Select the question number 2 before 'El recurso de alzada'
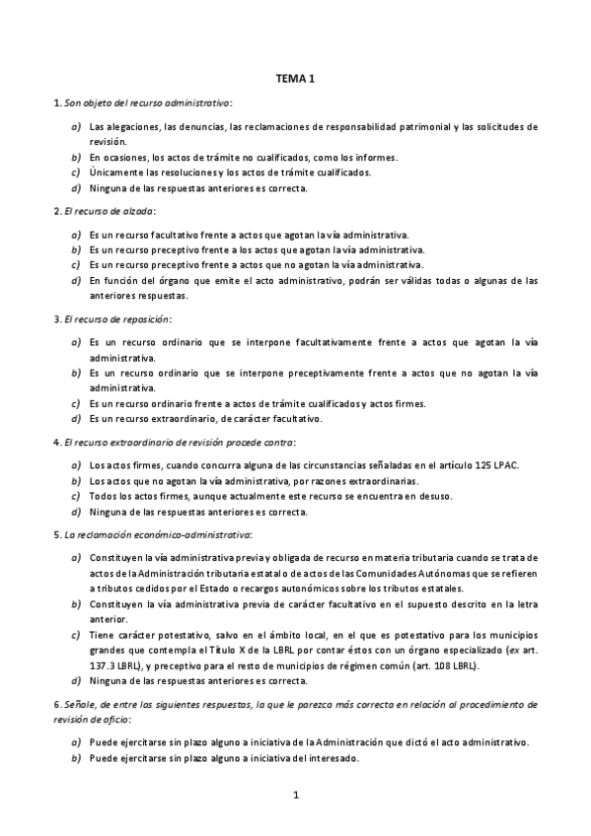coord(54,211)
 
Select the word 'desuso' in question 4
coord(432,496)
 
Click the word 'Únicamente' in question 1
coord(115,172)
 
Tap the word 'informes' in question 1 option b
coord(375,157)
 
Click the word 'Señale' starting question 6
coord(77,705)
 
